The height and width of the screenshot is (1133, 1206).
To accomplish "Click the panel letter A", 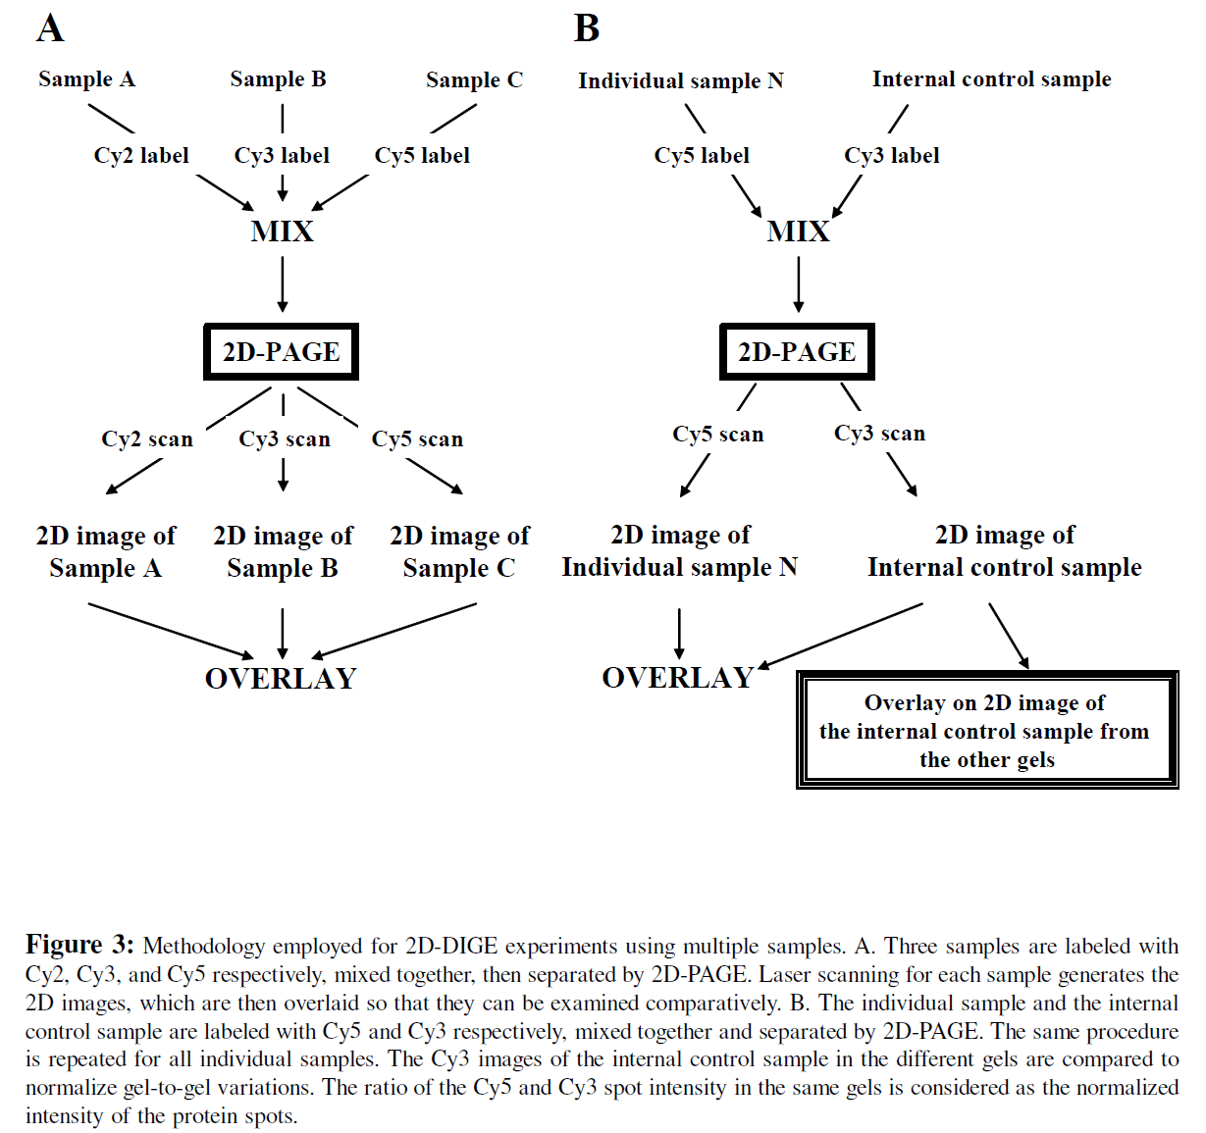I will [x=50, y=28].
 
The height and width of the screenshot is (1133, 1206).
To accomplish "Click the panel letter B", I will [x=587, y=28].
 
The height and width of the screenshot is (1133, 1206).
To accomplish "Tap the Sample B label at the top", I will [x=278, y=79].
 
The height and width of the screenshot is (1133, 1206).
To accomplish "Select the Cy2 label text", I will [x=141, y=156].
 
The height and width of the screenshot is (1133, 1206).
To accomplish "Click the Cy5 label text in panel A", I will [x=422, y=156].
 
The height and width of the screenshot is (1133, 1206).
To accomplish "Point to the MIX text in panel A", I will [x=282, y=232].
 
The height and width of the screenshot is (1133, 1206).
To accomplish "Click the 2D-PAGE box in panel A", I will [x=282, y=352].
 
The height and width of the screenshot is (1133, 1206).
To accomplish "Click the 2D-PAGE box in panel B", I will [x=797, y=352].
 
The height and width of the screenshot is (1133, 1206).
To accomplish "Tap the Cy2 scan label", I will [x=147, y=439].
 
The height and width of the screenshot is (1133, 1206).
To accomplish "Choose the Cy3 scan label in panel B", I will [x=879, y=434].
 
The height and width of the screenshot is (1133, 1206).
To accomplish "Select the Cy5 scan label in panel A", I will [x=417, y=439].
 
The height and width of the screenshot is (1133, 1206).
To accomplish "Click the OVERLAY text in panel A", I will [x=281, y=679].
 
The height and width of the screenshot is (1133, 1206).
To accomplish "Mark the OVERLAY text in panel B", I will [x=677, y=678].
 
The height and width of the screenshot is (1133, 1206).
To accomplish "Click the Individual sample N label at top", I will [x=681, y=81].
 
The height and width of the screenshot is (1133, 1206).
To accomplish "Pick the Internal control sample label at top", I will [x=991, y=79].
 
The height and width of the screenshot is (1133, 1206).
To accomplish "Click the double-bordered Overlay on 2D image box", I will [x=986, y=731].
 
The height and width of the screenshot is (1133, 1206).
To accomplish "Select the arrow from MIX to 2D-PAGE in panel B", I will [x=798, y=284].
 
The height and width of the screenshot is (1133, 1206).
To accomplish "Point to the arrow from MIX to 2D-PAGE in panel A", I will [x=283, y=284].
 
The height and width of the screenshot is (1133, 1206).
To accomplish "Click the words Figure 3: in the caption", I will [x=79, y=945].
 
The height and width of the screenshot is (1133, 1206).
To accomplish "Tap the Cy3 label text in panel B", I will [x=891, y=156].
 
